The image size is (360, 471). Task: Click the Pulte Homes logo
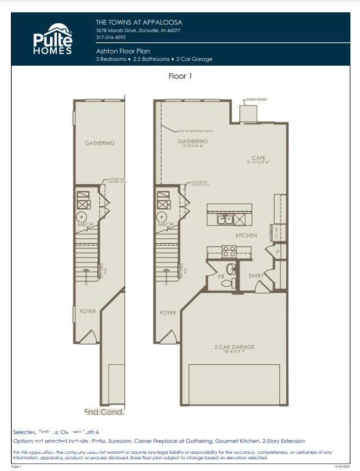[51, 41]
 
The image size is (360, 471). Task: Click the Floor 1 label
[180, 77]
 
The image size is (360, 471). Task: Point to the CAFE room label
[257, 157]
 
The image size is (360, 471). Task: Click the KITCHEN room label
[246, 235]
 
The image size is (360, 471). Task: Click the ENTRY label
[256, 276]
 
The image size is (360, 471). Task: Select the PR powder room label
[221, 277]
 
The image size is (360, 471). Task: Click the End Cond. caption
[104, 412]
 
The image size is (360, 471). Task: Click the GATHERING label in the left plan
[100, 143]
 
